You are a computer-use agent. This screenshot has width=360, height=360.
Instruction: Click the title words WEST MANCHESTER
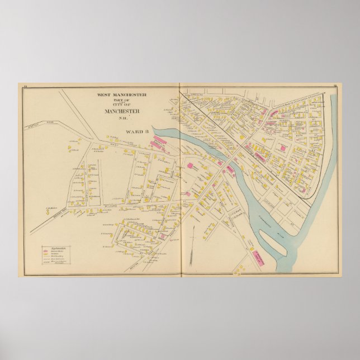122,95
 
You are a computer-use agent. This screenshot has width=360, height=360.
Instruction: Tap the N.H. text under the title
122,117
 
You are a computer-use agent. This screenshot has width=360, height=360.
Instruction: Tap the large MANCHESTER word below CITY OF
122,110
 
